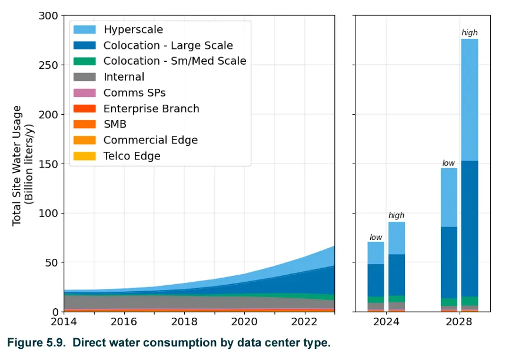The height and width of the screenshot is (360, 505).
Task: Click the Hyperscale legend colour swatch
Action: pyautogui.click(x=85, y=29)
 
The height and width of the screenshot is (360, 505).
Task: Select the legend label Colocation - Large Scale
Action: pyautogui.click(x=168, y=45)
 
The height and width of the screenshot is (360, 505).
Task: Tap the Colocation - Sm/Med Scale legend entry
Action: pyautogui.click(x=175, y=61)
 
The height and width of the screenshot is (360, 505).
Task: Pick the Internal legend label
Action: pyautogui.click(x=124, y=77)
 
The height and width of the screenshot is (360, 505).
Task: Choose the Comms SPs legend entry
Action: pyautogui.click(x=134, y=93)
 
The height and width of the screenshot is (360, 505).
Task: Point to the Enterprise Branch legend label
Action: pyautogui.click(x=151, y=109)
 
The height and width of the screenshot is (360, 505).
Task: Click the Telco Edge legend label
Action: pyautogui.click(x=132, y=156)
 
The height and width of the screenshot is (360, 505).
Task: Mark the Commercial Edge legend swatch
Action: pyautogui.click(x=85, y=140)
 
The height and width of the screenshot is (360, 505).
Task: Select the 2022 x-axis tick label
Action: pyautogui.click(x=305, y=322)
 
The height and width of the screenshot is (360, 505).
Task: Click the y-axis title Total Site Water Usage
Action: pyautogui.click(x=18, y=165)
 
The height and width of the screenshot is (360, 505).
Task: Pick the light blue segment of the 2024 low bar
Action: pyautogui.click(x=376, y=253)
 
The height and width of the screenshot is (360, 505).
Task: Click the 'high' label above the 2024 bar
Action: pyautogui.click(x=396, y=216)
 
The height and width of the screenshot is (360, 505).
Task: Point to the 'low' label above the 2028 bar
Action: pyautogui.click(x=448, y=163)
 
